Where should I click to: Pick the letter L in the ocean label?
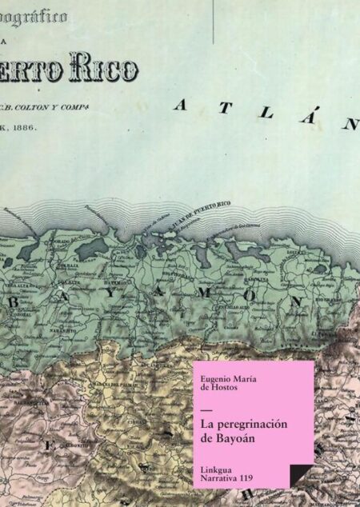(265, 114)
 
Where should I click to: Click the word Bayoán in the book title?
(240, 437)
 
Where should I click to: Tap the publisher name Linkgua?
(220, 467)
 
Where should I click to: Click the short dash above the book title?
(208, 411)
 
